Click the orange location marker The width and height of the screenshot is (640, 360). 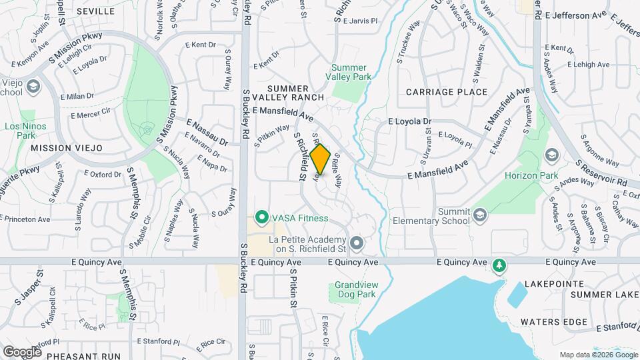click(x=320, y=160)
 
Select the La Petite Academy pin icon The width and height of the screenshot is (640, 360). click(x=357, y=244)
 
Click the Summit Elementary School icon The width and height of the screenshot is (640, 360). click(x=481, y=215)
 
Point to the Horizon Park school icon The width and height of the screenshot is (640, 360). click(x=551, y=155)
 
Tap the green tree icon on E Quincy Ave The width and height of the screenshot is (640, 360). click(x=498, y=267)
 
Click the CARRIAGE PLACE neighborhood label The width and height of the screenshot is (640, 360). click(x=442, y=91)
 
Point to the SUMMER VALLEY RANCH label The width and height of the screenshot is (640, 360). click(x=288, y=93)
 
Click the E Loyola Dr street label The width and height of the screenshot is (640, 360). click(x=411, y=122)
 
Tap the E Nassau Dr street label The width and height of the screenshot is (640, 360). click(x=207, y=133)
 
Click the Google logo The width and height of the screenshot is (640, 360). click(x=22, y=351)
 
